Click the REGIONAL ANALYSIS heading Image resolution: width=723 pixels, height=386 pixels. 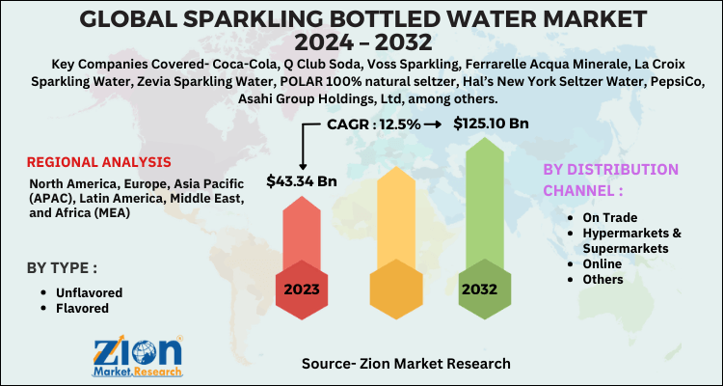[99, 161]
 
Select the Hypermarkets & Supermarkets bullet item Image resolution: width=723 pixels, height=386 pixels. [628, 241]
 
